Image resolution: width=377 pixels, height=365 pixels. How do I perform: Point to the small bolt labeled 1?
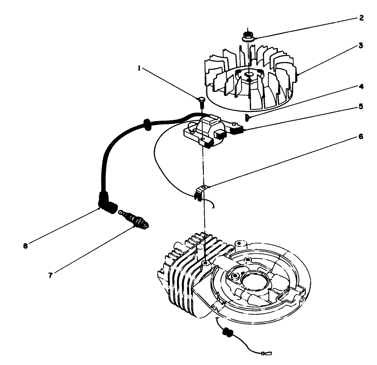[x=201, y=101]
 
